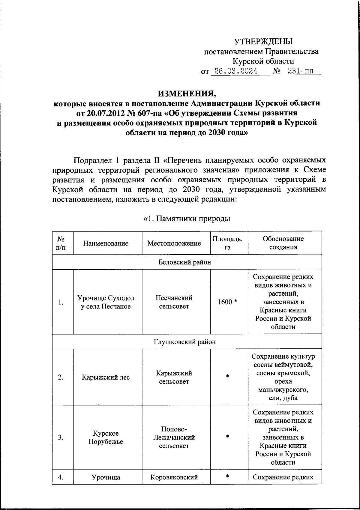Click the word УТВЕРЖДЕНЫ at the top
[x=263, y=41]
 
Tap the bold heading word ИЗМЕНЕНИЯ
[x=187, y=93]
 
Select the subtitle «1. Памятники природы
[x=187, y=219]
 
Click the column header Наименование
[x=106, y=243]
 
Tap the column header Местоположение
[x=174, y=243]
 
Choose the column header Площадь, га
[x=228, y=243]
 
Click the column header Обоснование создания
[x=283, y=243]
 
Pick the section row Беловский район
[x=184, y=262]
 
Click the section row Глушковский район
[x=184, y=342]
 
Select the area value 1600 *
[x=228, y=302]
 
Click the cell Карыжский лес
[x=106, y=377]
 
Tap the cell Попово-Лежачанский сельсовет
[x=174, y=437]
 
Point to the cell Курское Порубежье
[x=106, y=437]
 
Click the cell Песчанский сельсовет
[x=174, y=302]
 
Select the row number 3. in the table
[x=61, y=437]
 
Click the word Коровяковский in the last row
[x=174, y=477]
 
